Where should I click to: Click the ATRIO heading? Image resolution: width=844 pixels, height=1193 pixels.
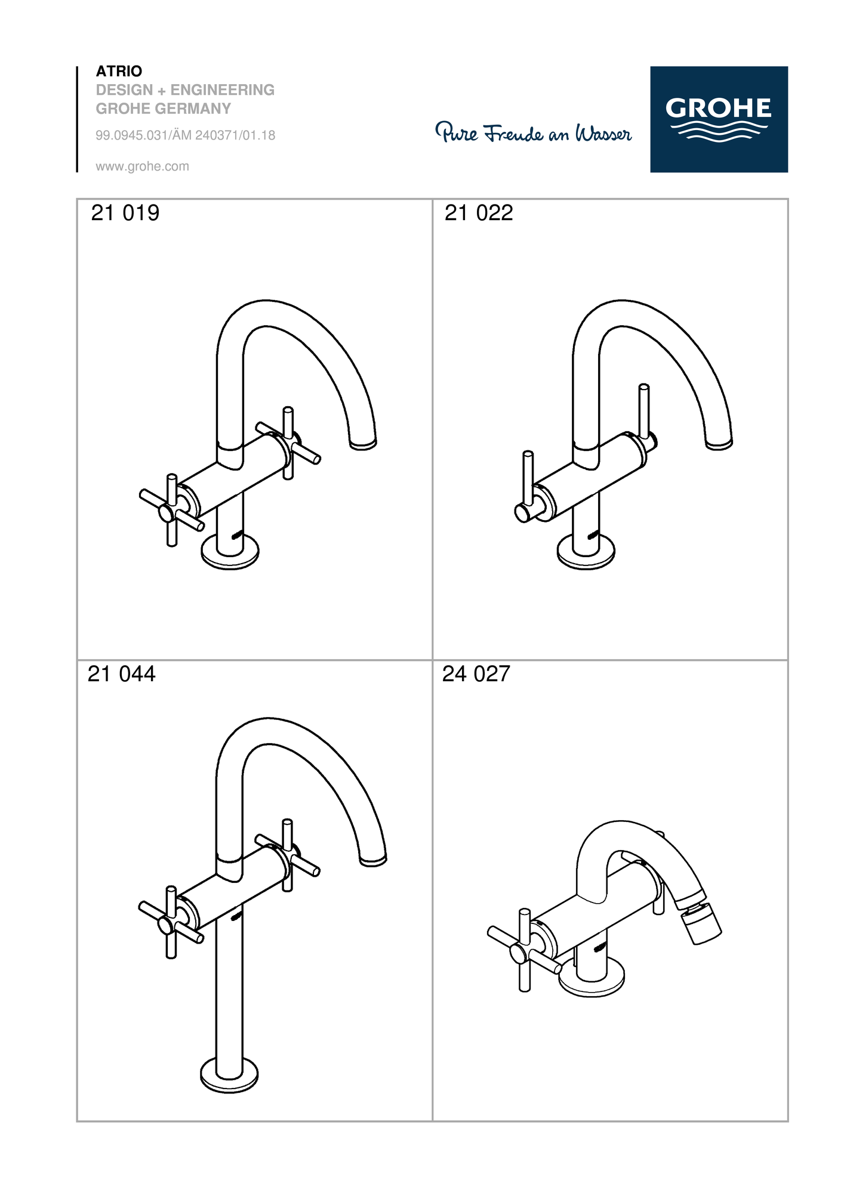click(119, 71)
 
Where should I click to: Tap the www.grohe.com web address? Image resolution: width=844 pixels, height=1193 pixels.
click(142, 166)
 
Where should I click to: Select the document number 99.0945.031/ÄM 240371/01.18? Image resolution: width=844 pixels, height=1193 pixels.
click(186, 135)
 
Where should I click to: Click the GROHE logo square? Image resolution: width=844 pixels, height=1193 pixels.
click(719, 119)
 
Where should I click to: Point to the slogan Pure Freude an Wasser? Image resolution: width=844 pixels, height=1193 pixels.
click(533, 132)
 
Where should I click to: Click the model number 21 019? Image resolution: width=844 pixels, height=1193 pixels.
click(125, 213)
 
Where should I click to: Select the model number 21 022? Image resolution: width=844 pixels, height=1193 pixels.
click(479, 213)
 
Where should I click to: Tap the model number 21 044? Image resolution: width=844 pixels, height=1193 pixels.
click(122, 674)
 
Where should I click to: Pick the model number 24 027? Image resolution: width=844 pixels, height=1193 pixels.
click(476, 674)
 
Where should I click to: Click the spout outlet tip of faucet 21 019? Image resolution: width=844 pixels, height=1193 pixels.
click(363, 444)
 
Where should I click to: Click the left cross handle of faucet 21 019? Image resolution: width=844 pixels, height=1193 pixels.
click(172, 511)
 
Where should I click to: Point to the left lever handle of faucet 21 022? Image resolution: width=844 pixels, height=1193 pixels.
click(528, 489)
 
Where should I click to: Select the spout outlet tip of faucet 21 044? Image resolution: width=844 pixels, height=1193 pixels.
click(373, 860)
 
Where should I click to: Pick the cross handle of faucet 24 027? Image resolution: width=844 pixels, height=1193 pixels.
click(525, 950)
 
